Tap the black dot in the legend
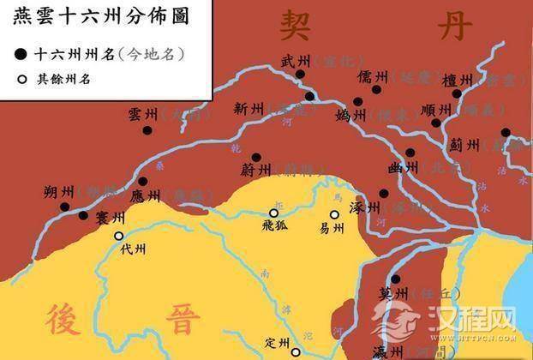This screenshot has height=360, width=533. (x=20, y=54)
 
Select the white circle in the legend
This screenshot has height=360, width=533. (x=20, y=80)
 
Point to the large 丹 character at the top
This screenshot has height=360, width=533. (x=455, y=27)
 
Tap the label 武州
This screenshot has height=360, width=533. (x=294, y=61)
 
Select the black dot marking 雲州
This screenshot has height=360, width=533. (x=149, y=130)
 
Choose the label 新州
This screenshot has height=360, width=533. (x=248, y=109)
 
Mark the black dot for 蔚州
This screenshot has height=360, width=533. (x=256, y=158)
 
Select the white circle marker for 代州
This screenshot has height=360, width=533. (x=118, y=235)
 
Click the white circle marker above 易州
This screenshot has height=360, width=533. (x=335, y=215)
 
